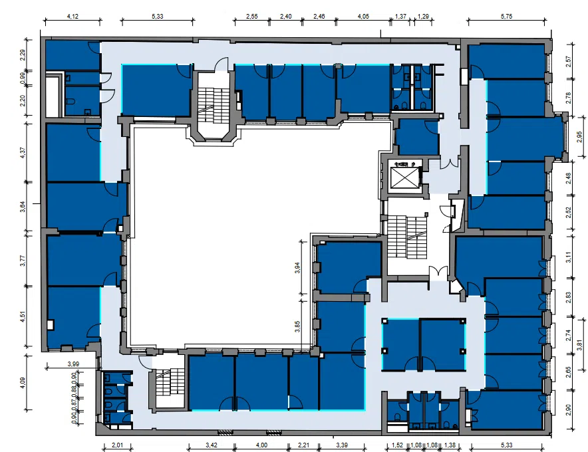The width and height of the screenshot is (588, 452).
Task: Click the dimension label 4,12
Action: point(73,16)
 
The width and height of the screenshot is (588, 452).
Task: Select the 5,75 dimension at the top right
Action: point(506,16)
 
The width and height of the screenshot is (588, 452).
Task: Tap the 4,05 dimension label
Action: point(363,16)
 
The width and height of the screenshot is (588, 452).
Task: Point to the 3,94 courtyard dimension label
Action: point(297,268)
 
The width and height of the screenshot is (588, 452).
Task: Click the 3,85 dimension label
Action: point(297,326)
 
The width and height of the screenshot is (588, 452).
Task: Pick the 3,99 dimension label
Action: point(73,364)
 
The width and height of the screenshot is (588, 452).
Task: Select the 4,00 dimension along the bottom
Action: point(262,445)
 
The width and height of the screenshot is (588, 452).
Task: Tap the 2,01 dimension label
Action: point(117,445)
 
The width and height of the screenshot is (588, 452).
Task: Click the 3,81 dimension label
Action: point(579,345)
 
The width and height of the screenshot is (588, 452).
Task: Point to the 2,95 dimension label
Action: point(579,136)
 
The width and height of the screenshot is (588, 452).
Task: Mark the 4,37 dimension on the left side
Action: point(23,152)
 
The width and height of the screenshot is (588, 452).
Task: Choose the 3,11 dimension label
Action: point(569,257)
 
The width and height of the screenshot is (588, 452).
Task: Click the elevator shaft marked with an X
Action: point(404,177)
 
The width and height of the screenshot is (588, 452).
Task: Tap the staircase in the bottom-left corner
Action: point(170,382)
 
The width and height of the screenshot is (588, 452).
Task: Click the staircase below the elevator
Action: point(407,237)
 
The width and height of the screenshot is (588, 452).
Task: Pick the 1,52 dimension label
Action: point(397,445)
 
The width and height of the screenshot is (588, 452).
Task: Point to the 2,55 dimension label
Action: point(252,16)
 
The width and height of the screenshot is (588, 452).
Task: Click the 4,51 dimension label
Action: point(23,316)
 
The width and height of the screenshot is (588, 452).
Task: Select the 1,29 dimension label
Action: point(423,16)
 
